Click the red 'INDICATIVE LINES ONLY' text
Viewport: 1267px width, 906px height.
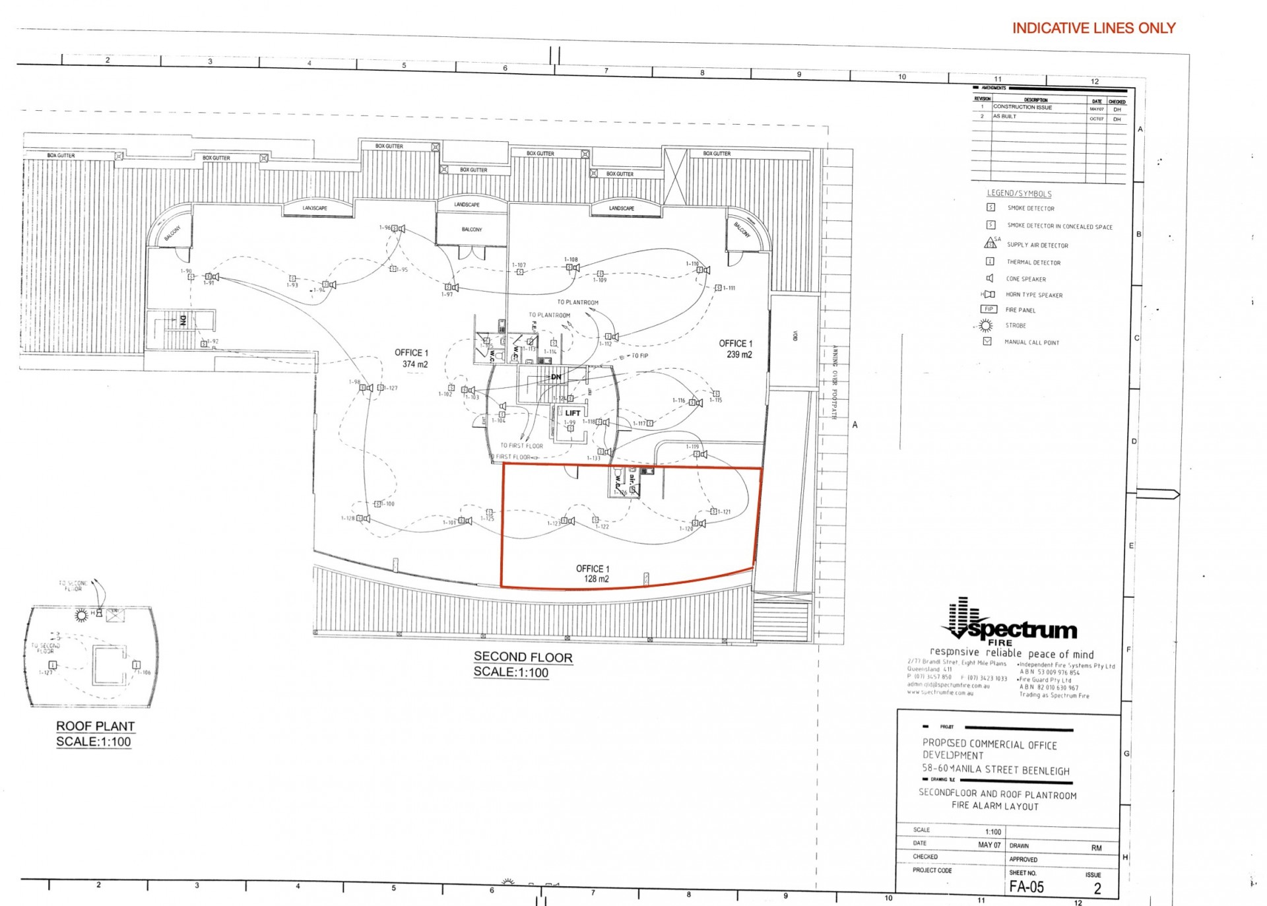click(1093, 28)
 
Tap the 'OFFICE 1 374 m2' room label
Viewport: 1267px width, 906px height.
click(412, 358)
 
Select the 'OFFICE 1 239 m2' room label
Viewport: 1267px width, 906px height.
click(736, 349)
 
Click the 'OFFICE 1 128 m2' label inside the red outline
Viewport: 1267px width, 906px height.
click(593, 573)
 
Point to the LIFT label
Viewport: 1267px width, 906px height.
click(572, 413)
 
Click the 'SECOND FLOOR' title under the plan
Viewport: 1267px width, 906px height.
click(523, 657)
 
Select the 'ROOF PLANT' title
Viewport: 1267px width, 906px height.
click(95, 726)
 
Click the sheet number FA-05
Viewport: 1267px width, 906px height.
click(1026, 887)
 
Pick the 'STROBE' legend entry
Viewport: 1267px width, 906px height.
click(1016, 325)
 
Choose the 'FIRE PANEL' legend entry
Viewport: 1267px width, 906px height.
click(1020, 310)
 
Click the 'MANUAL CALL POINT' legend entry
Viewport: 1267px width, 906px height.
click(1031, 342)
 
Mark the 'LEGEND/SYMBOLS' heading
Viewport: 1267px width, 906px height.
click(1019, 193)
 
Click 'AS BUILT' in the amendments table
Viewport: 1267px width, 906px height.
click(1004, 117)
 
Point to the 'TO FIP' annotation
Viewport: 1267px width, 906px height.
click(639, 356)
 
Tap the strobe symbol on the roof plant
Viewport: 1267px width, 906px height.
click(81, 615)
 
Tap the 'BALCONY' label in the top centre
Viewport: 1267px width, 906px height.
click(471, 230)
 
